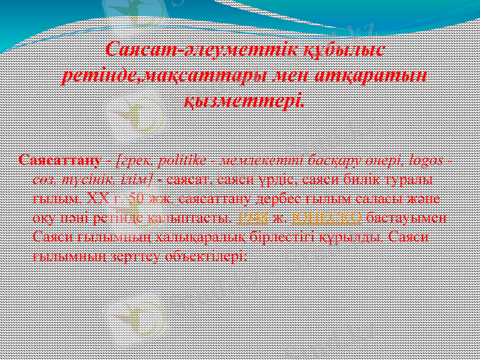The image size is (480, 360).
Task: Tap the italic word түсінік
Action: point(86,179)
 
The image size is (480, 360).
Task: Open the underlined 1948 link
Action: point(250,217)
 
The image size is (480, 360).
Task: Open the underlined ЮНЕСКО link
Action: point(326,217)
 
